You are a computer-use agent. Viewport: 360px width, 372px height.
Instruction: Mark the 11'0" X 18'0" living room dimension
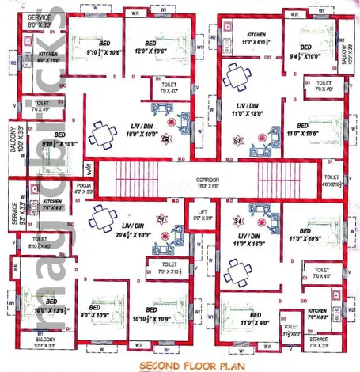pyautogui.click(x=239, y=114)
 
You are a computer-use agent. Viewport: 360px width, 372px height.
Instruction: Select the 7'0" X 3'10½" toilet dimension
pyautogui.click(x=169, y=271)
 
